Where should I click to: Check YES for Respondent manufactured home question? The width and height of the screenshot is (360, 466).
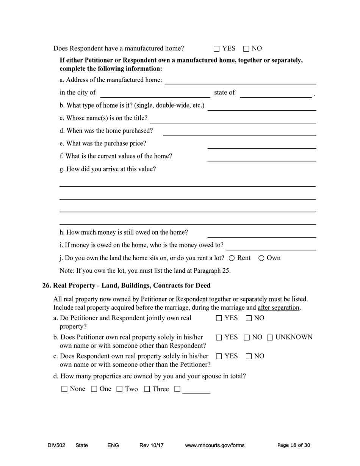point(216,49)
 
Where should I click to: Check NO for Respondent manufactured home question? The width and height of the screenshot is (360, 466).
point(246,49)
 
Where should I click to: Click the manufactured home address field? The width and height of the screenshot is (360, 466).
point(240,81)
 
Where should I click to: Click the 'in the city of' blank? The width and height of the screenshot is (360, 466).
point(155,93)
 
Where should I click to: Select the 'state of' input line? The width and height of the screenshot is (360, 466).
point(276,93)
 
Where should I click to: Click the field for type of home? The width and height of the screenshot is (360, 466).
point(261,106)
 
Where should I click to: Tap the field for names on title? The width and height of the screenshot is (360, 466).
point(233,119)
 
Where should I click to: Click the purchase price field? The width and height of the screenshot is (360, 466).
point(261,144)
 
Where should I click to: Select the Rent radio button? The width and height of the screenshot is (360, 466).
point(232,258)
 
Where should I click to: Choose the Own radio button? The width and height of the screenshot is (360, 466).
point(261,258)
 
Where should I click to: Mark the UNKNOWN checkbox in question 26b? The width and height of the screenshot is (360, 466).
point(270,338)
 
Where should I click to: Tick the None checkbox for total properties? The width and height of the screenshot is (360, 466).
point(64,389)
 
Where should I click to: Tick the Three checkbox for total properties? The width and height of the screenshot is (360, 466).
point(147,389)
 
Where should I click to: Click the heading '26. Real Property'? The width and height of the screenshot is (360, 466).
point(126,285)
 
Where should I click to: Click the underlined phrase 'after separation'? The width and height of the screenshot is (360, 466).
point(279,308)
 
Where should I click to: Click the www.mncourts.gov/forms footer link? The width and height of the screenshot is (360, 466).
point(214,446)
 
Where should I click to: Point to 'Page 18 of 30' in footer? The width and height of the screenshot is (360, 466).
point(293,446)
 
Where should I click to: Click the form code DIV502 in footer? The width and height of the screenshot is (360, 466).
point(56,446)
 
